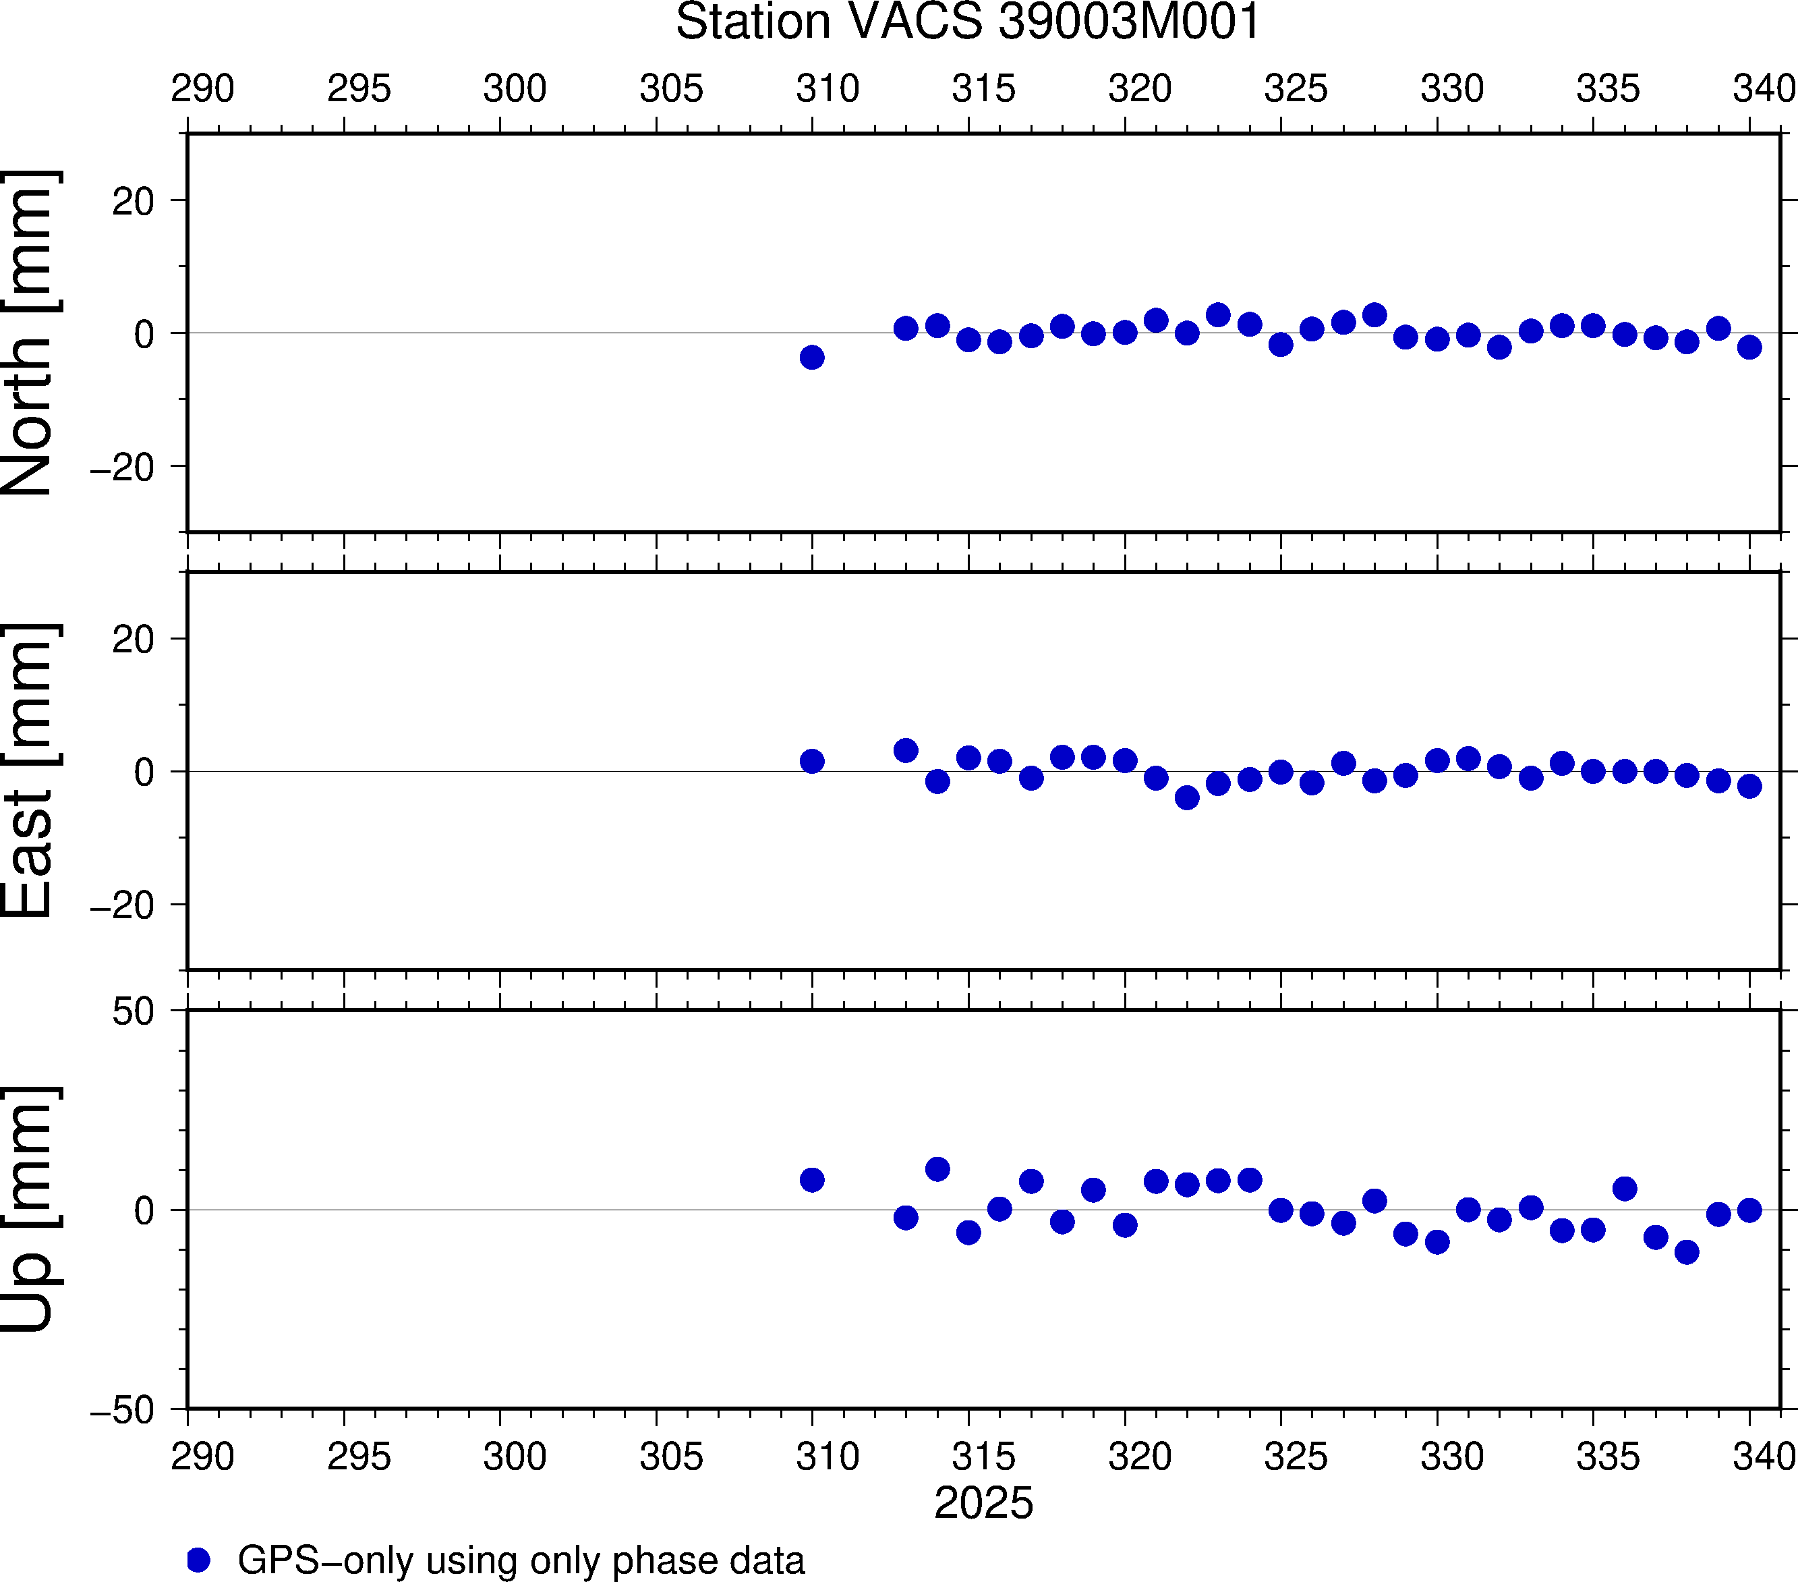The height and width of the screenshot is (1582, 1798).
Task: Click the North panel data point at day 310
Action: [812, 358]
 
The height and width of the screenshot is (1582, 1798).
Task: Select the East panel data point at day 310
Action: [812, 761]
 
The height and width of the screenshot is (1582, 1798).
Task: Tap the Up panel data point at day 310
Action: [812, 1180]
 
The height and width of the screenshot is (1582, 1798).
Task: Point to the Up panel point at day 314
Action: [937, 1169]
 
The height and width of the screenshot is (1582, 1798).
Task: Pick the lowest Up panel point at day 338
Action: [1686, 1252]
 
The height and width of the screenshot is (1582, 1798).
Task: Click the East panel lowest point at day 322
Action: [1187, 798]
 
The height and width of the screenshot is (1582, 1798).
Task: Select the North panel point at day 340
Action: [1749, 347]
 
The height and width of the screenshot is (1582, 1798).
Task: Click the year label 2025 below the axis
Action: [983, 1503]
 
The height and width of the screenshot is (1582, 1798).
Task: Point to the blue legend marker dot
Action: [199, 1560]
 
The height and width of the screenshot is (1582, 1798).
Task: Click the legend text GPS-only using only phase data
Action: [521, 1560]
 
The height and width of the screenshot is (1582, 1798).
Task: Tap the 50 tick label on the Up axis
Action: [133, 1012]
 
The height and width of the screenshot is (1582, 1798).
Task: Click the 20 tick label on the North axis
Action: [133, 202]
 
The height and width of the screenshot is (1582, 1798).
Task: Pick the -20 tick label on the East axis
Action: [122, 905]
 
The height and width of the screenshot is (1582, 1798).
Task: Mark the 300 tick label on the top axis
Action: [515, 89]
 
